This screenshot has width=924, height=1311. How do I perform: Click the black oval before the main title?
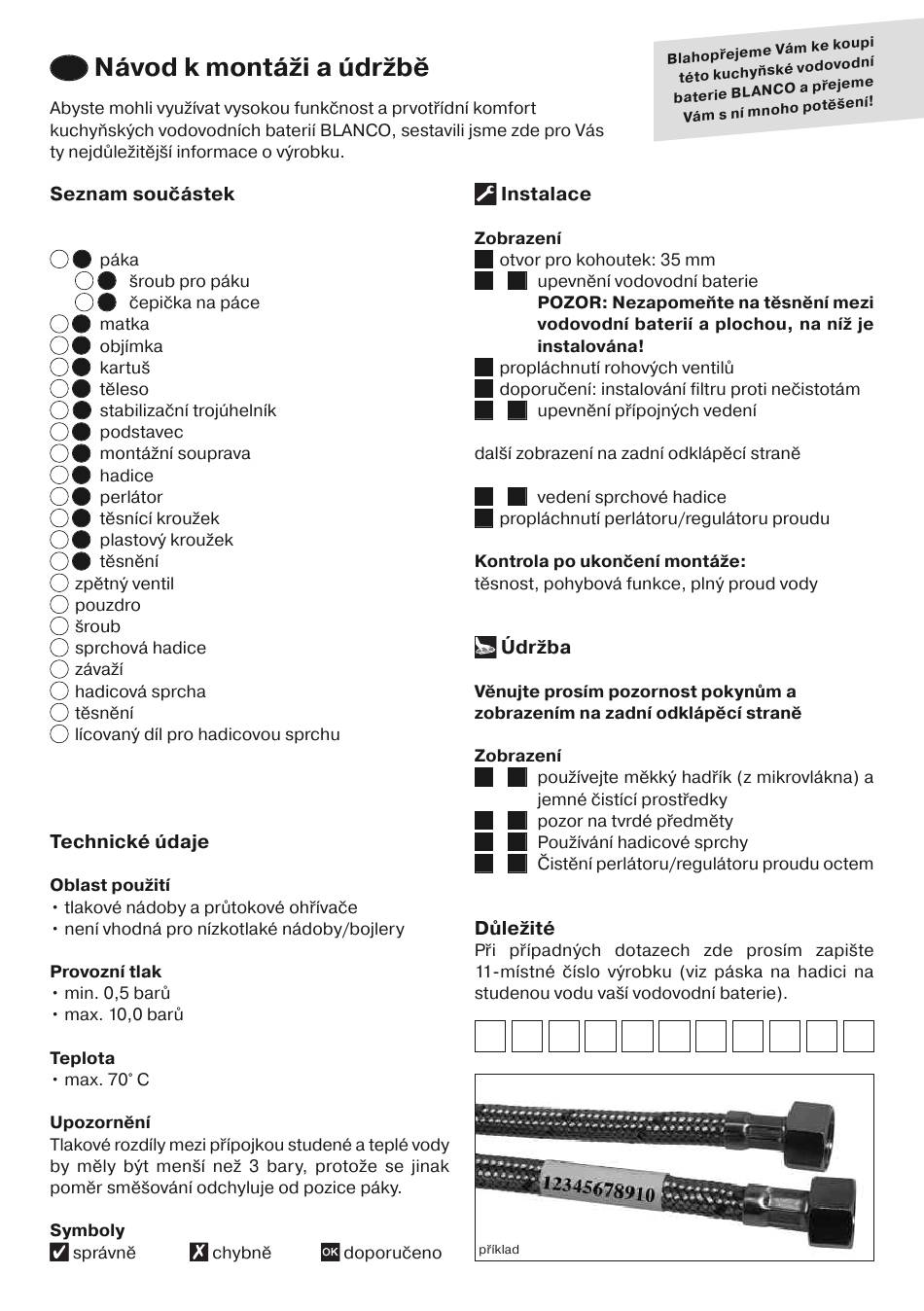point(69,67)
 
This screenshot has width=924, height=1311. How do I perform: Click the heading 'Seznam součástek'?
point(142,194)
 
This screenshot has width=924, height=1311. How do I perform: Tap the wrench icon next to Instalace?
point(485,194)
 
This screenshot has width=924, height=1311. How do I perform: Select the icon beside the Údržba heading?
point(485,647)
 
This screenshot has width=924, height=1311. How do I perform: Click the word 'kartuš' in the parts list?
point(124,368)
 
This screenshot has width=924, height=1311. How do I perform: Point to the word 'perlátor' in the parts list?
point(131,497)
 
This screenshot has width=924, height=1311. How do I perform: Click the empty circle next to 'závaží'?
point(59,669)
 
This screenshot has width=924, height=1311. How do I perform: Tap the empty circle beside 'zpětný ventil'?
point(59,584)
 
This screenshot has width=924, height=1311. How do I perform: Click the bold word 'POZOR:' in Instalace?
point(572,302)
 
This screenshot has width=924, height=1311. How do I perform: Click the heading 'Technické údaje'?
point(129,841)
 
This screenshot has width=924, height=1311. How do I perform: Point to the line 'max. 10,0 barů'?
point(124,1014)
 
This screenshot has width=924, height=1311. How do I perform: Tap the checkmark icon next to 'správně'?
point(59,1253)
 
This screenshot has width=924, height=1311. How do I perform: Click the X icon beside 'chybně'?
point(198,1253)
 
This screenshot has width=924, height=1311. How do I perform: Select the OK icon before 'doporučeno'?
point(330,1253)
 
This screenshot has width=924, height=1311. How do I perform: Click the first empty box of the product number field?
point(490,1036)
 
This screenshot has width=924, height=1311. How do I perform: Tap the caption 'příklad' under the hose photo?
point(499,1250)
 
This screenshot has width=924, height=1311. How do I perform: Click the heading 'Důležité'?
point(515,928)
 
